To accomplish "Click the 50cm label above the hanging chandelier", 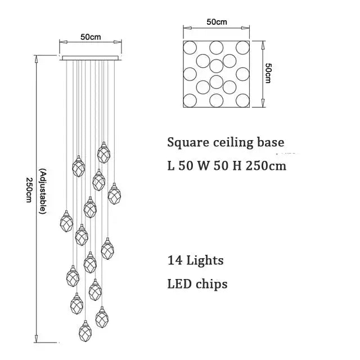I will [x=90, y=37].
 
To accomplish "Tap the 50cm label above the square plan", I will [x=217, y=22].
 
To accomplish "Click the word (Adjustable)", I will [x=43, y=191].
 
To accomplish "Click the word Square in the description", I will [x=188, y=143].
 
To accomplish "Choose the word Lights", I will [x=203, y=260].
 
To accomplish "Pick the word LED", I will [x=179, y=284].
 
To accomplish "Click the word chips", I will [x=212, y=284].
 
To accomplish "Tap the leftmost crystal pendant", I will [x=66, y=221].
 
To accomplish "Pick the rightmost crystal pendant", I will [x=114, y=193].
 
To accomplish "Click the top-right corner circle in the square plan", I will [x=243, y=47].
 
